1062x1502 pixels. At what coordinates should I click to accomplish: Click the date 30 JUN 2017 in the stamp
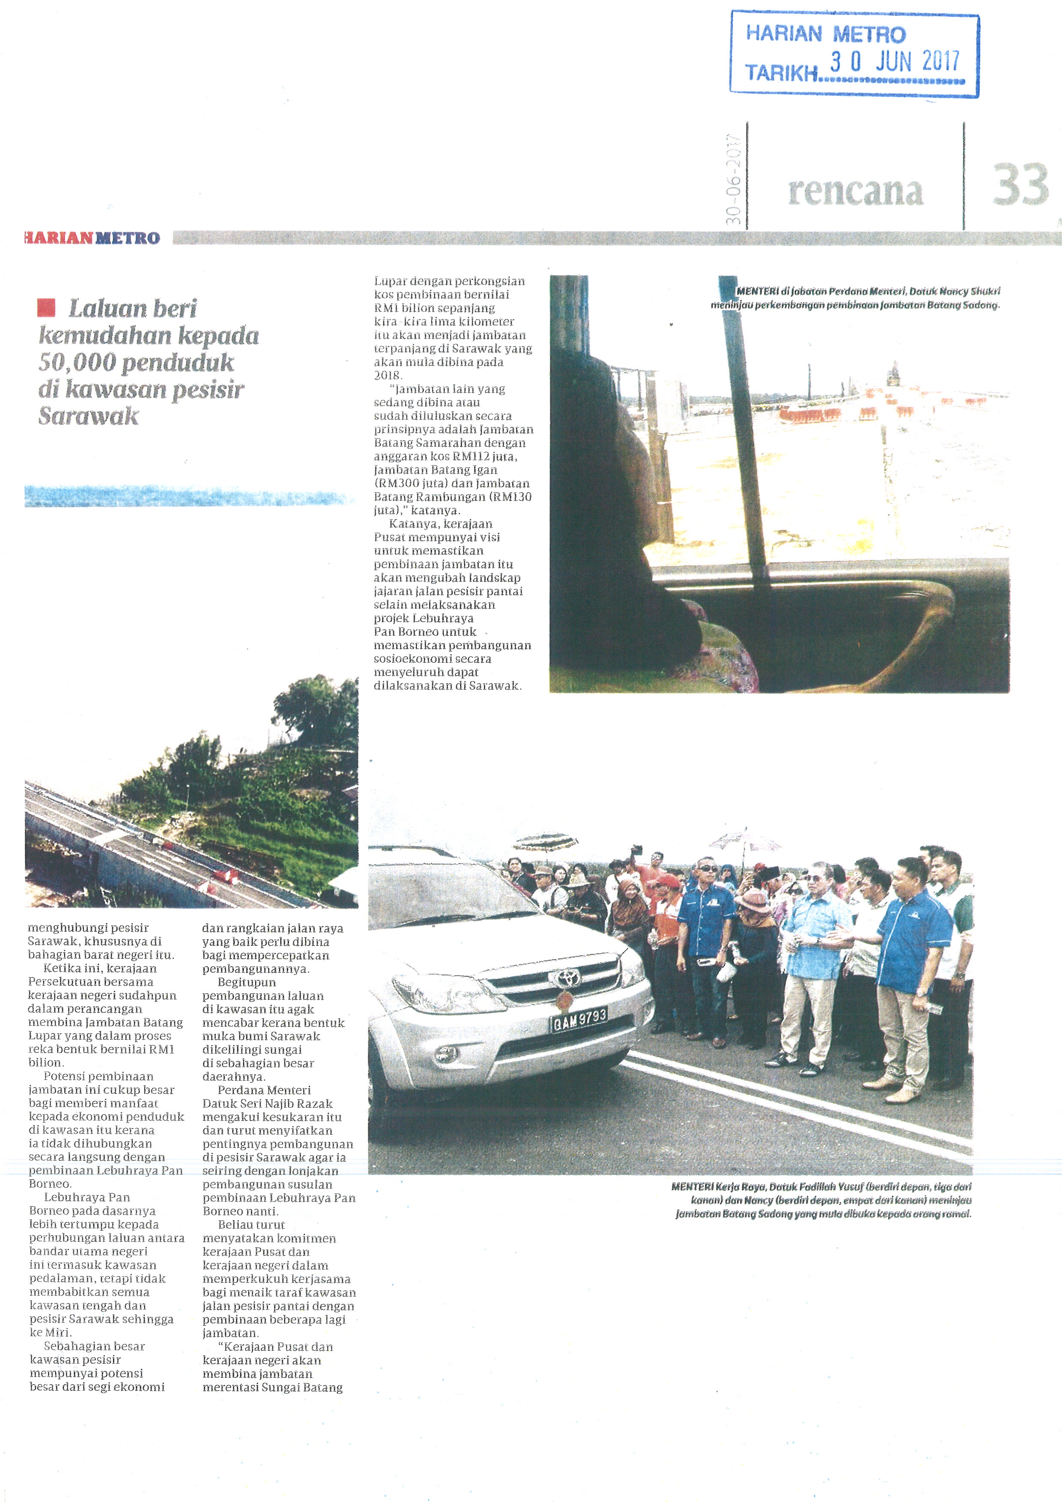tap(894, 62)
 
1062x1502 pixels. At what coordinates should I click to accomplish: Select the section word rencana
tap(855, 191)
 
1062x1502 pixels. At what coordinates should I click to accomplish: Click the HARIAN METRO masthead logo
tap(92, 238)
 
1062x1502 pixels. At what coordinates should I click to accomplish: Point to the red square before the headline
tap(46, 308)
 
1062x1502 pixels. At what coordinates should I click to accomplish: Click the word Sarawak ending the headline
tap(88, 416)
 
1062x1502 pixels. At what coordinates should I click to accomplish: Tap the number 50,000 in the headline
tap(77, 362)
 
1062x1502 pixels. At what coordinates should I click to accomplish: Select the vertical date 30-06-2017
tap(733, 179)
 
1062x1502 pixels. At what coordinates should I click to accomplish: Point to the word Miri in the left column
tap(59, 1332)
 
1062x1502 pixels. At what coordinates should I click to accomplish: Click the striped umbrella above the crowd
tap(546, 841)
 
